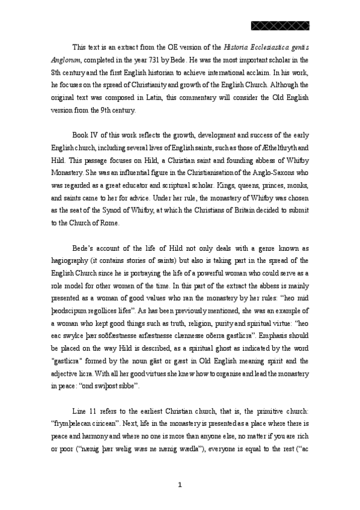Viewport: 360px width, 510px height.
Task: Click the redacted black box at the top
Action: pos(279,25)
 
